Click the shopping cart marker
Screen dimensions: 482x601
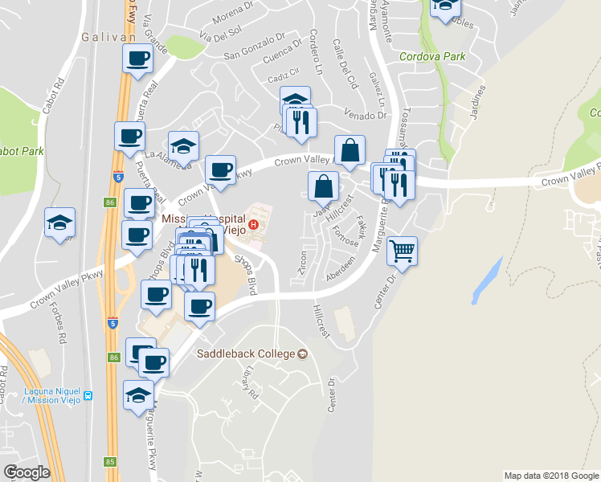click(402, 251)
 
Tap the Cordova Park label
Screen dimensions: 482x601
click(432, 57)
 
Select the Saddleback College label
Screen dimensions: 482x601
click(246, 353)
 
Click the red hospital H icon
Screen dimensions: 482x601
click(253, 223)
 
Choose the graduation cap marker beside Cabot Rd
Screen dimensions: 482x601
click(59, 223)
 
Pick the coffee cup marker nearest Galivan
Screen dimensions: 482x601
click(137, 58)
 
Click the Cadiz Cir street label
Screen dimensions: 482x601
click(284, 77)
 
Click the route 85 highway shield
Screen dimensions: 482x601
click(111, 461)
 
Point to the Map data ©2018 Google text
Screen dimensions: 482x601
click(550, 476)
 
